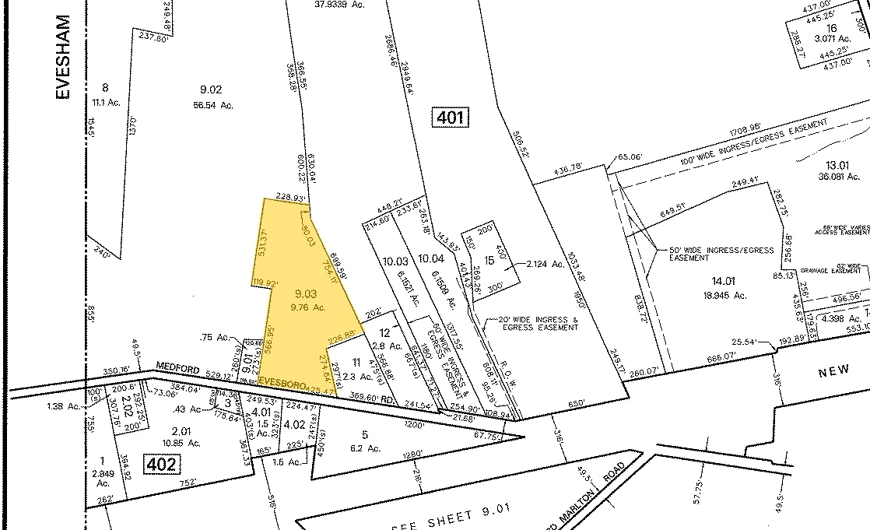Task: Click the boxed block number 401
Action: coord(451,118)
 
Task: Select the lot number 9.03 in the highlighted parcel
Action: coord(305,293)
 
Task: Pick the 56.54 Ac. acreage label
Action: coord(212,104)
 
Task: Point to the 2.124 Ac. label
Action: coord(544,264)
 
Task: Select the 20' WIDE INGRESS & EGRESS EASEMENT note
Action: coord(534,324)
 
